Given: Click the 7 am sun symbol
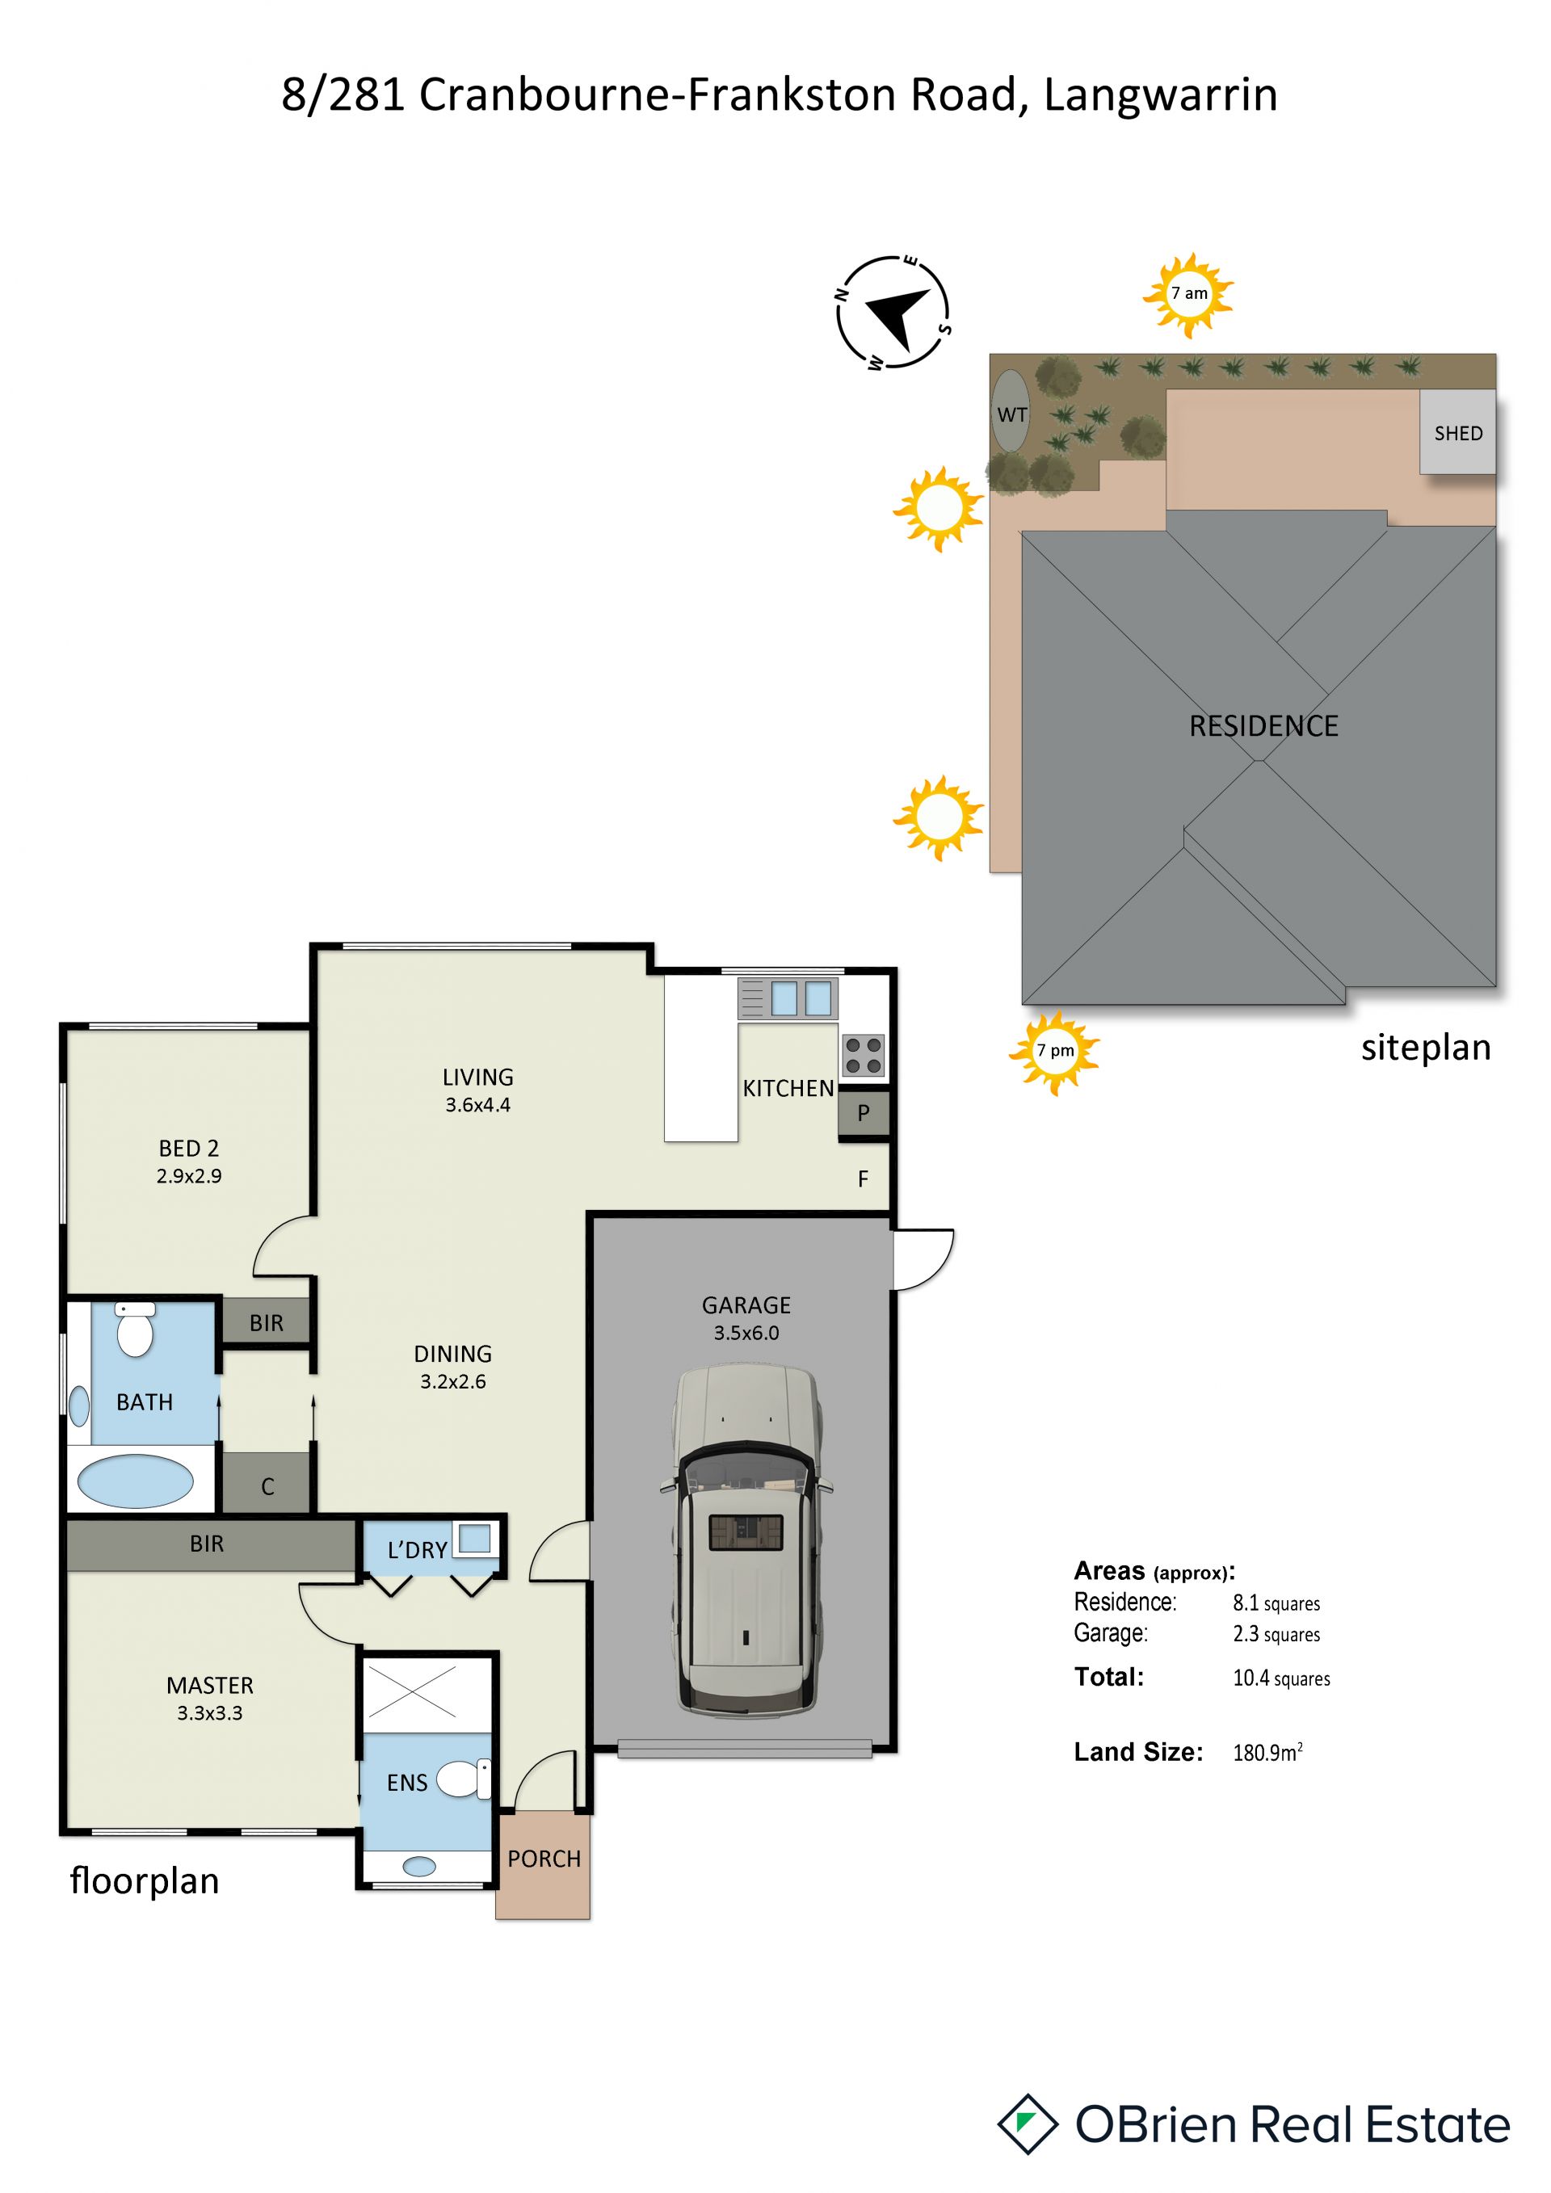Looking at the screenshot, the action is tap(1188, 294).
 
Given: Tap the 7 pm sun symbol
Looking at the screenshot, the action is tap(1054, 1052).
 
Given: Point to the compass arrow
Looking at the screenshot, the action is tap(897, 314).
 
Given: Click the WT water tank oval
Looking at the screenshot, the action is tap(1011, 410).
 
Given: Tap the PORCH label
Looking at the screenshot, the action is tap(544, 1859).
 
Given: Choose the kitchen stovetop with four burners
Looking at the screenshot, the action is tap(864, 1056).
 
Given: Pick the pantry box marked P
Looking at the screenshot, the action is tap(864, 1114).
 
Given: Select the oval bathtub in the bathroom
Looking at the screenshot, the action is tap(135, 1481).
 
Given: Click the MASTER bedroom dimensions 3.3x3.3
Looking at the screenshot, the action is tap(210, 1712).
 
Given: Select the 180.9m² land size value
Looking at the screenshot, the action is tap(1267, 1752).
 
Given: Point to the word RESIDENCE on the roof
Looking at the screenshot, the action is tap(1263, 726).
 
